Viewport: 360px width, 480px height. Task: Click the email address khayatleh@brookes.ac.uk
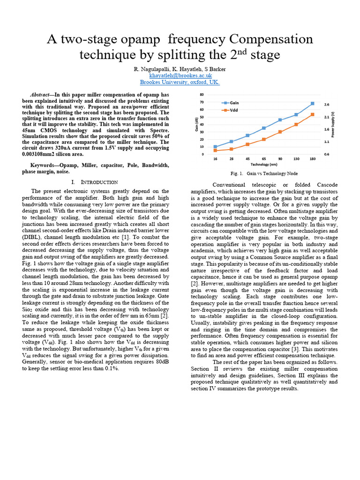[180, 75]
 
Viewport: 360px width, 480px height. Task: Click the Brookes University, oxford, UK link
[180, 82]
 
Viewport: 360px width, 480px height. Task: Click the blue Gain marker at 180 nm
[312, 104]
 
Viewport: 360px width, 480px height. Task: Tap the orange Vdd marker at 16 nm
[215, 150]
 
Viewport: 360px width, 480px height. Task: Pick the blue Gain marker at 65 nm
[264, 128]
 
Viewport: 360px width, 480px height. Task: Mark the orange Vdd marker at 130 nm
[296, 124]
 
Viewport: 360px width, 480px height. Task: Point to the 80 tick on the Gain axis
[202, 95]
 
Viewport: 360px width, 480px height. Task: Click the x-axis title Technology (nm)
[263, 165]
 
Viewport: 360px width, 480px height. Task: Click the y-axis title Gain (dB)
[196, 125]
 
